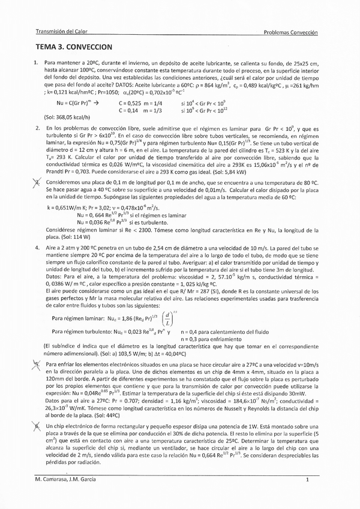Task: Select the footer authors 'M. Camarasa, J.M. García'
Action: click(67, 480)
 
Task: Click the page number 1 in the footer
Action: click(307, 480)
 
